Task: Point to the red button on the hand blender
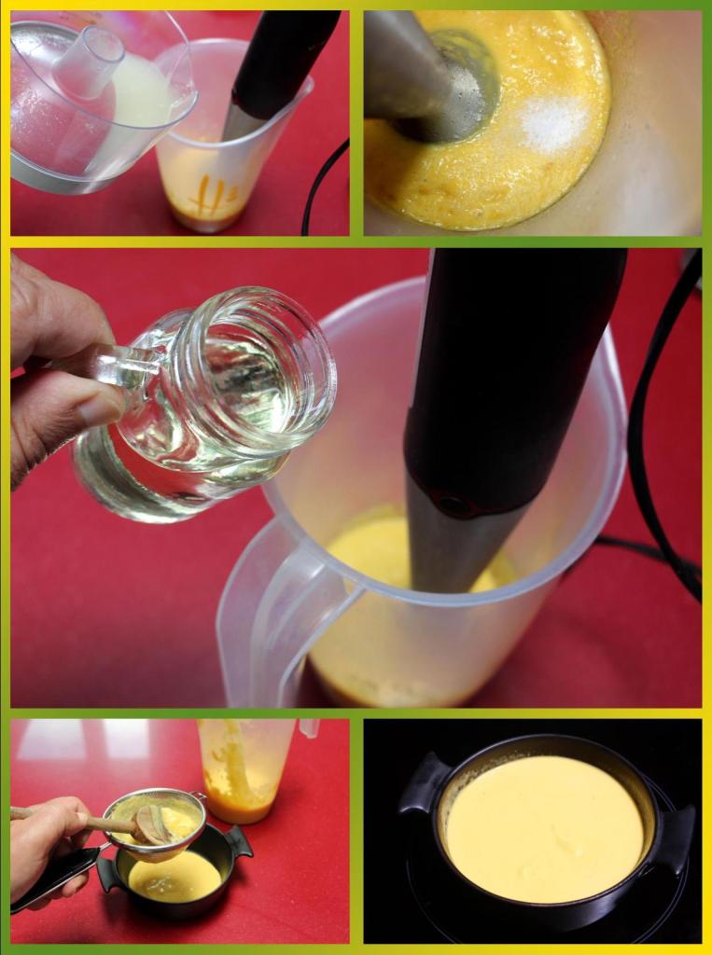(456, 504)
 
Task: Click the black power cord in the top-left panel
(322, 187)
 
